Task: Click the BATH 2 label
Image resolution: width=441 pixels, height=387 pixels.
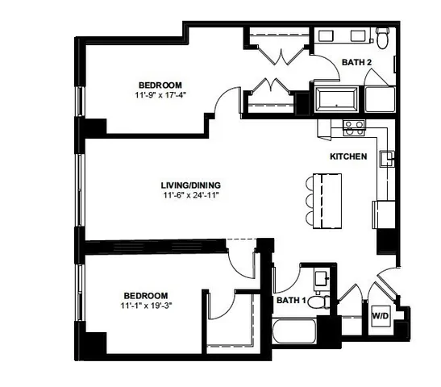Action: [355, 61]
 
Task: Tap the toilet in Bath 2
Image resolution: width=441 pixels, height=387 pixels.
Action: [383, 36]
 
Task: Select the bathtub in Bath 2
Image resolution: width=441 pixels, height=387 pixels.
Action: [339, 100]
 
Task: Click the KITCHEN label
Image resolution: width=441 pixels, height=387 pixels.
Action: [348, 156]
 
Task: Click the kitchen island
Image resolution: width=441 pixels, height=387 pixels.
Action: [330, 198]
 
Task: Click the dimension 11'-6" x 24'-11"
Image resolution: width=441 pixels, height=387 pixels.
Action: [190, 194]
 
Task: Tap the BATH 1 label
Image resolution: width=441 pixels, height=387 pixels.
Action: [291, 301]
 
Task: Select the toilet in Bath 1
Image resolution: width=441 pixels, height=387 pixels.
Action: [320, 302]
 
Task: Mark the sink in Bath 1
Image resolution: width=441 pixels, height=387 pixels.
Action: [320, 278]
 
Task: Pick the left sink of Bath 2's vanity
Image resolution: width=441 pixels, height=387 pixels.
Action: [328, 35]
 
